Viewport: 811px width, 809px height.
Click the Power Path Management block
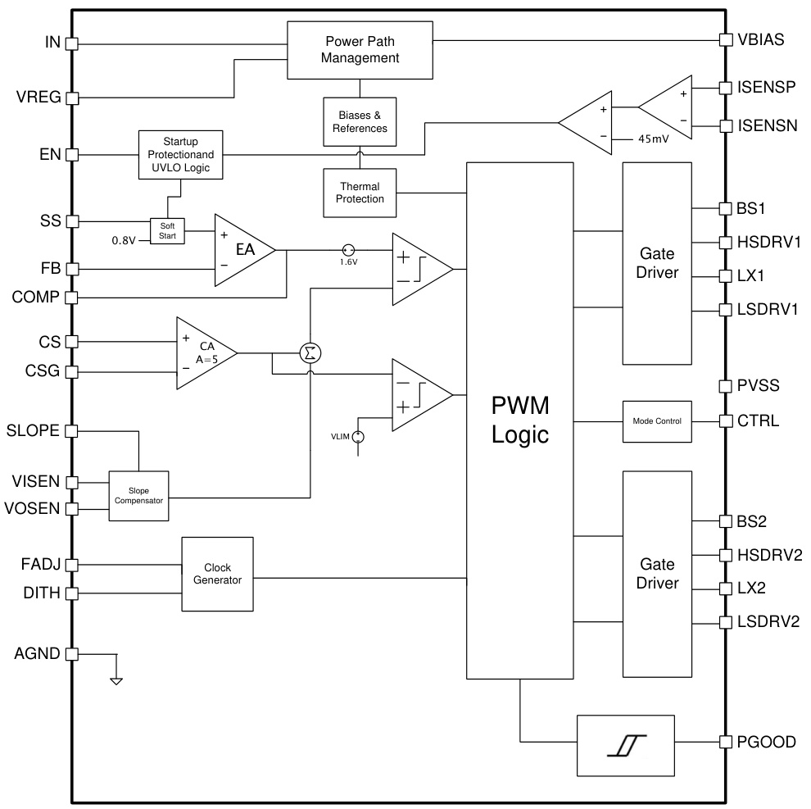click(360, 50)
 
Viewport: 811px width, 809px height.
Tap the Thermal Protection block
click(360, 193)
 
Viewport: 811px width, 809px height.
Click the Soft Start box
click(168, 231)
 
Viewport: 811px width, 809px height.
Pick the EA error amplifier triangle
click(242, 251)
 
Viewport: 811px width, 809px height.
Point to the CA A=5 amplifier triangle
click(202, 353)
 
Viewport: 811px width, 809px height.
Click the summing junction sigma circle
click(310, 352)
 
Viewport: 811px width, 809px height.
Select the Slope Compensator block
click(138, 495)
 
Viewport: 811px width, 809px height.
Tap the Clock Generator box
click(217, 574)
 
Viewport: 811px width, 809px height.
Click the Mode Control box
click(657, 420)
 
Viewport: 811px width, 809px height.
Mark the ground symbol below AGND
click(116, 679)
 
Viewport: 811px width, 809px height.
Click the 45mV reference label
click(653, 139)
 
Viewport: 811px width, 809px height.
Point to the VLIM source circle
click(358, 438)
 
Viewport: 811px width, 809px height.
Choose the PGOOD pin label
click(766, 742)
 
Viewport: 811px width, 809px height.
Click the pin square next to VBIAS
click(725, 39)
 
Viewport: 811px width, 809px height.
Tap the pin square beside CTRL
click(725, 420)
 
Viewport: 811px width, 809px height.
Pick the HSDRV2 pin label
click(768, 555)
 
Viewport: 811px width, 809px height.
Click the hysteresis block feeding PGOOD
click(627, 745)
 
